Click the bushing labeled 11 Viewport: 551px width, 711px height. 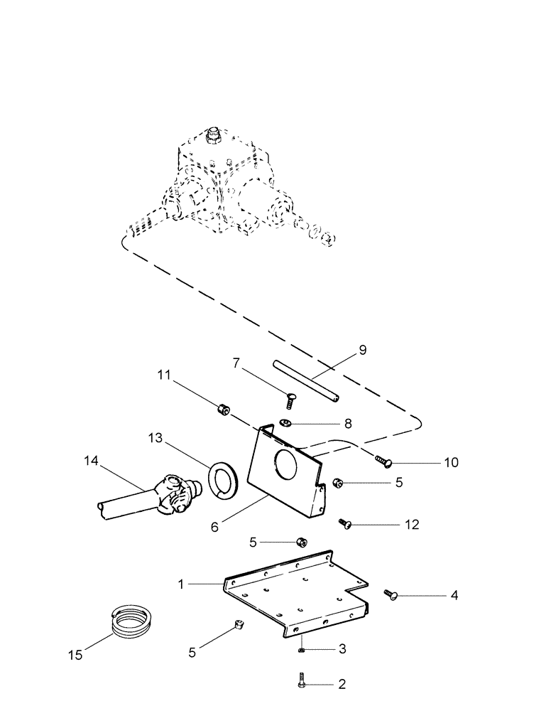(223, 410)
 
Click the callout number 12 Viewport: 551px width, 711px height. (411, 525)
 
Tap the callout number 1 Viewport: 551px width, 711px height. (181, 584)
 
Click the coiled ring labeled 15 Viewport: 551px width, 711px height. (133, 621)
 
